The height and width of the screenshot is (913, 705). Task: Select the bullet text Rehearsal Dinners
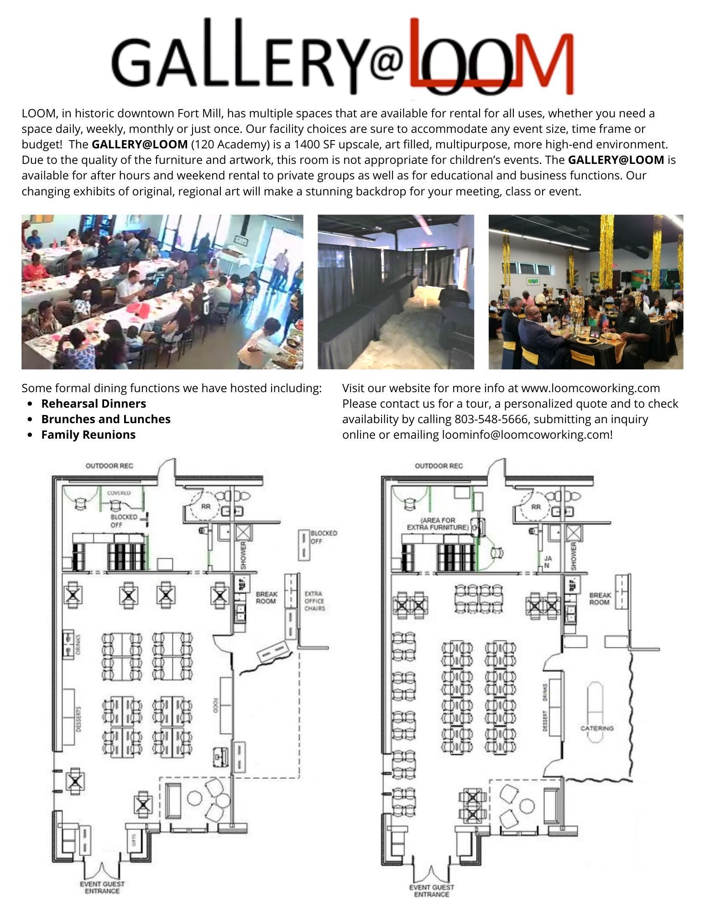coord(94,404)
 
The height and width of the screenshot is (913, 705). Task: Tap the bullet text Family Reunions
coord(88,435)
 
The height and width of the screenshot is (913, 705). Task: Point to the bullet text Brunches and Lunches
coord(106,419)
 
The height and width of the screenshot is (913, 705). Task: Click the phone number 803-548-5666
coord(491,419)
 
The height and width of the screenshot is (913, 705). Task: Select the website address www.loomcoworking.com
coord(590,388)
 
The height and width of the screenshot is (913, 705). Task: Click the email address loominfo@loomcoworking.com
coord(525,435)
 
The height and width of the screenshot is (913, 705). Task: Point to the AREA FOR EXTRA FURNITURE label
coord(438,524)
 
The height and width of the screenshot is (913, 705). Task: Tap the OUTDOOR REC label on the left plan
coord(110,466)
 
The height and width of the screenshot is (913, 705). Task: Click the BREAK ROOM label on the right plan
coord(600,598)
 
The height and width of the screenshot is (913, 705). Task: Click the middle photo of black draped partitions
coord(396,292)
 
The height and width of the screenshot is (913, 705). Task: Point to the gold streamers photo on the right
coord(585,292)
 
